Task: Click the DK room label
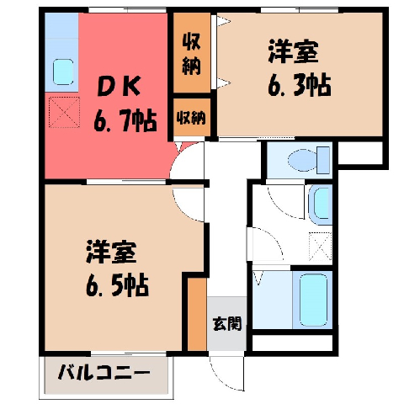pos(119,87)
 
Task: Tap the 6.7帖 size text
pos(125,121)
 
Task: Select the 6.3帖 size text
pos(300,85)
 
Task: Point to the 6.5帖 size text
pos(117,285)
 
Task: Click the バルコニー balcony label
pos(104,373)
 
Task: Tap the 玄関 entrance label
pos(227,324)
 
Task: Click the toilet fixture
pos(309,160)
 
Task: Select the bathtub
pos(313,300)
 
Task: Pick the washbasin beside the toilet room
pos(321,205)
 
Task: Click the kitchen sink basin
pos(63,72)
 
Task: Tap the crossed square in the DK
pos(64,112)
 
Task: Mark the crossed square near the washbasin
pos(320,246)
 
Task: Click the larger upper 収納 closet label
pos(192,54)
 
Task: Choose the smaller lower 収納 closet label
pos(191,117)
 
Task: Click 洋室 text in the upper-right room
pos(293,51)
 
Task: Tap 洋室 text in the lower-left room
pos(111,252)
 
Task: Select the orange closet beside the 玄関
pos(197,314)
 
